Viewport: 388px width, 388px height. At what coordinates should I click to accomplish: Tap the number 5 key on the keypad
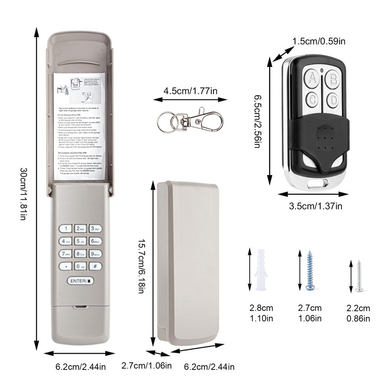81,241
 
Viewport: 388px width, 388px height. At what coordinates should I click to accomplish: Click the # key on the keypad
96,266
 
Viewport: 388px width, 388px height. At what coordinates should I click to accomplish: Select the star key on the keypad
65,266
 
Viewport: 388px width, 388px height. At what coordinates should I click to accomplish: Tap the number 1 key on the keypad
65,228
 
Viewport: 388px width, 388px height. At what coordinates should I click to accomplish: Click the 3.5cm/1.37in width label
316,206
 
